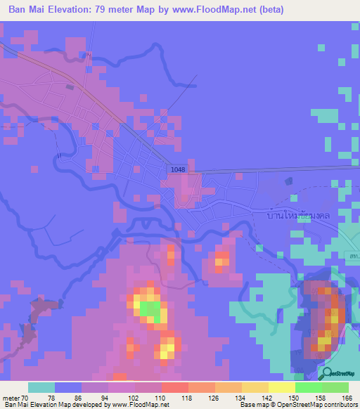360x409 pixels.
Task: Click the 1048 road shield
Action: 177,170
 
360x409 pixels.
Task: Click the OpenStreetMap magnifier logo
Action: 328,373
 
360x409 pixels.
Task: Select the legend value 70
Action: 25,397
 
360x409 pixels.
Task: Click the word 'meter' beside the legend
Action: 10,397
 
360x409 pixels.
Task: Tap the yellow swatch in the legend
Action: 281,387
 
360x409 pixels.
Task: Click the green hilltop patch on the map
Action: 149,309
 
